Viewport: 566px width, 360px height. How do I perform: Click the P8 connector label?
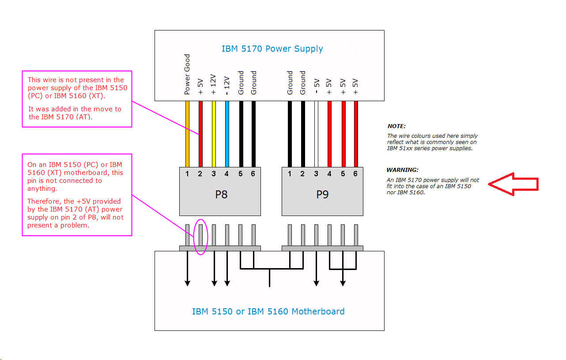221,195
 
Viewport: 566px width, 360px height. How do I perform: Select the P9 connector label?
322,195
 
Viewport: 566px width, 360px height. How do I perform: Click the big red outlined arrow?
513,184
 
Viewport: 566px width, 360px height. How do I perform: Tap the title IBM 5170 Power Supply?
272,49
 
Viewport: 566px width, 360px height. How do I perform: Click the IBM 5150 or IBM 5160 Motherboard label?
268,311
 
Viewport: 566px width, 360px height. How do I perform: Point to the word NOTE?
396,126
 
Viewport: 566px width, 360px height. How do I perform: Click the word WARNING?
402,170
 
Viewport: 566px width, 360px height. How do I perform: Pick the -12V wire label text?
227,85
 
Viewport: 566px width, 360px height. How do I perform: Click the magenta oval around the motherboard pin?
200,237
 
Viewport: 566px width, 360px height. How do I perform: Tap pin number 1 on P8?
187,174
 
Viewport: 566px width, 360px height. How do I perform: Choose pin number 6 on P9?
355,174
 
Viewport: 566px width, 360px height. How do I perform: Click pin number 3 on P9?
316,174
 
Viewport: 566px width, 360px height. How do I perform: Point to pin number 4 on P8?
226,174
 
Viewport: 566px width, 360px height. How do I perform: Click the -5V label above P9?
316,87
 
